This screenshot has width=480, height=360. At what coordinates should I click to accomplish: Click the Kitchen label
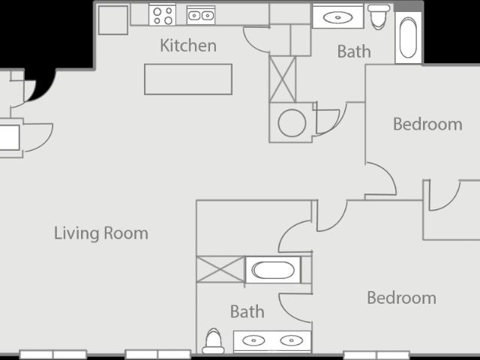(188, 46)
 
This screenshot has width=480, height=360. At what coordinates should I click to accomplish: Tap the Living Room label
(101, 233)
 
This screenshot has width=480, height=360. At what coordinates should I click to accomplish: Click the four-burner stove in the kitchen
(163, 14)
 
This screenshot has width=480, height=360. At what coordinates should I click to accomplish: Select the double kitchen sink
(201, 15)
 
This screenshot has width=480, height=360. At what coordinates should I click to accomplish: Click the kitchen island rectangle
(188, 79)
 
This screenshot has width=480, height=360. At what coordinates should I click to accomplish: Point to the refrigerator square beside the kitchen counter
(113, 20)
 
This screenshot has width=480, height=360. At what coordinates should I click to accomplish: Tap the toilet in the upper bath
(379, 16)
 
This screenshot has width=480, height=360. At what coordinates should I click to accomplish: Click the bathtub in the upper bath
(408, 38)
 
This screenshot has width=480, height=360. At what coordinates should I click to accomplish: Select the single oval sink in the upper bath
(337, 17)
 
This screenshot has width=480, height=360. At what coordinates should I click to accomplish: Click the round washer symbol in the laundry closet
(292, 123)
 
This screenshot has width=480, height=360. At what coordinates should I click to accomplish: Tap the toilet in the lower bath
(213, 341)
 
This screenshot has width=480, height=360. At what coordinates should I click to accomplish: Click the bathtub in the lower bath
(273, 270)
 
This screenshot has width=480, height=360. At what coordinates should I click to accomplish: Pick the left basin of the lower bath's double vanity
(253, 340)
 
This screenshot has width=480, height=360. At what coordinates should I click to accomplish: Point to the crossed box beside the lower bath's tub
(220, 269)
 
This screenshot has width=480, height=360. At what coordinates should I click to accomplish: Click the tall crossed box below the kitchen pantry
(283, 79)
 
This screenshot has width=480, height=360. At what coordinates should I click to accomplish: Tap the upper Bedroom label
(427, 124)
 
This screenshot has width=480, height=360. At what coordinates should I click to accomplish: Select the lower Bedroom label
(402, 298)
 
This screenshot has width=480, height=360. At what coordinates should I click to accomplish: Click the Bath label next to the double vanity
(247, 312)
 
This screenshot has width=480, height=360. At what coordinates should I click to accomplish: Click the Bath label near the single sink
(354, 52)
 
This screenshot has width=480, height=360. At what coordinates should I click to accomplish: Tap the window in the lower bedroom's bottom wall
(376, 355)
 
